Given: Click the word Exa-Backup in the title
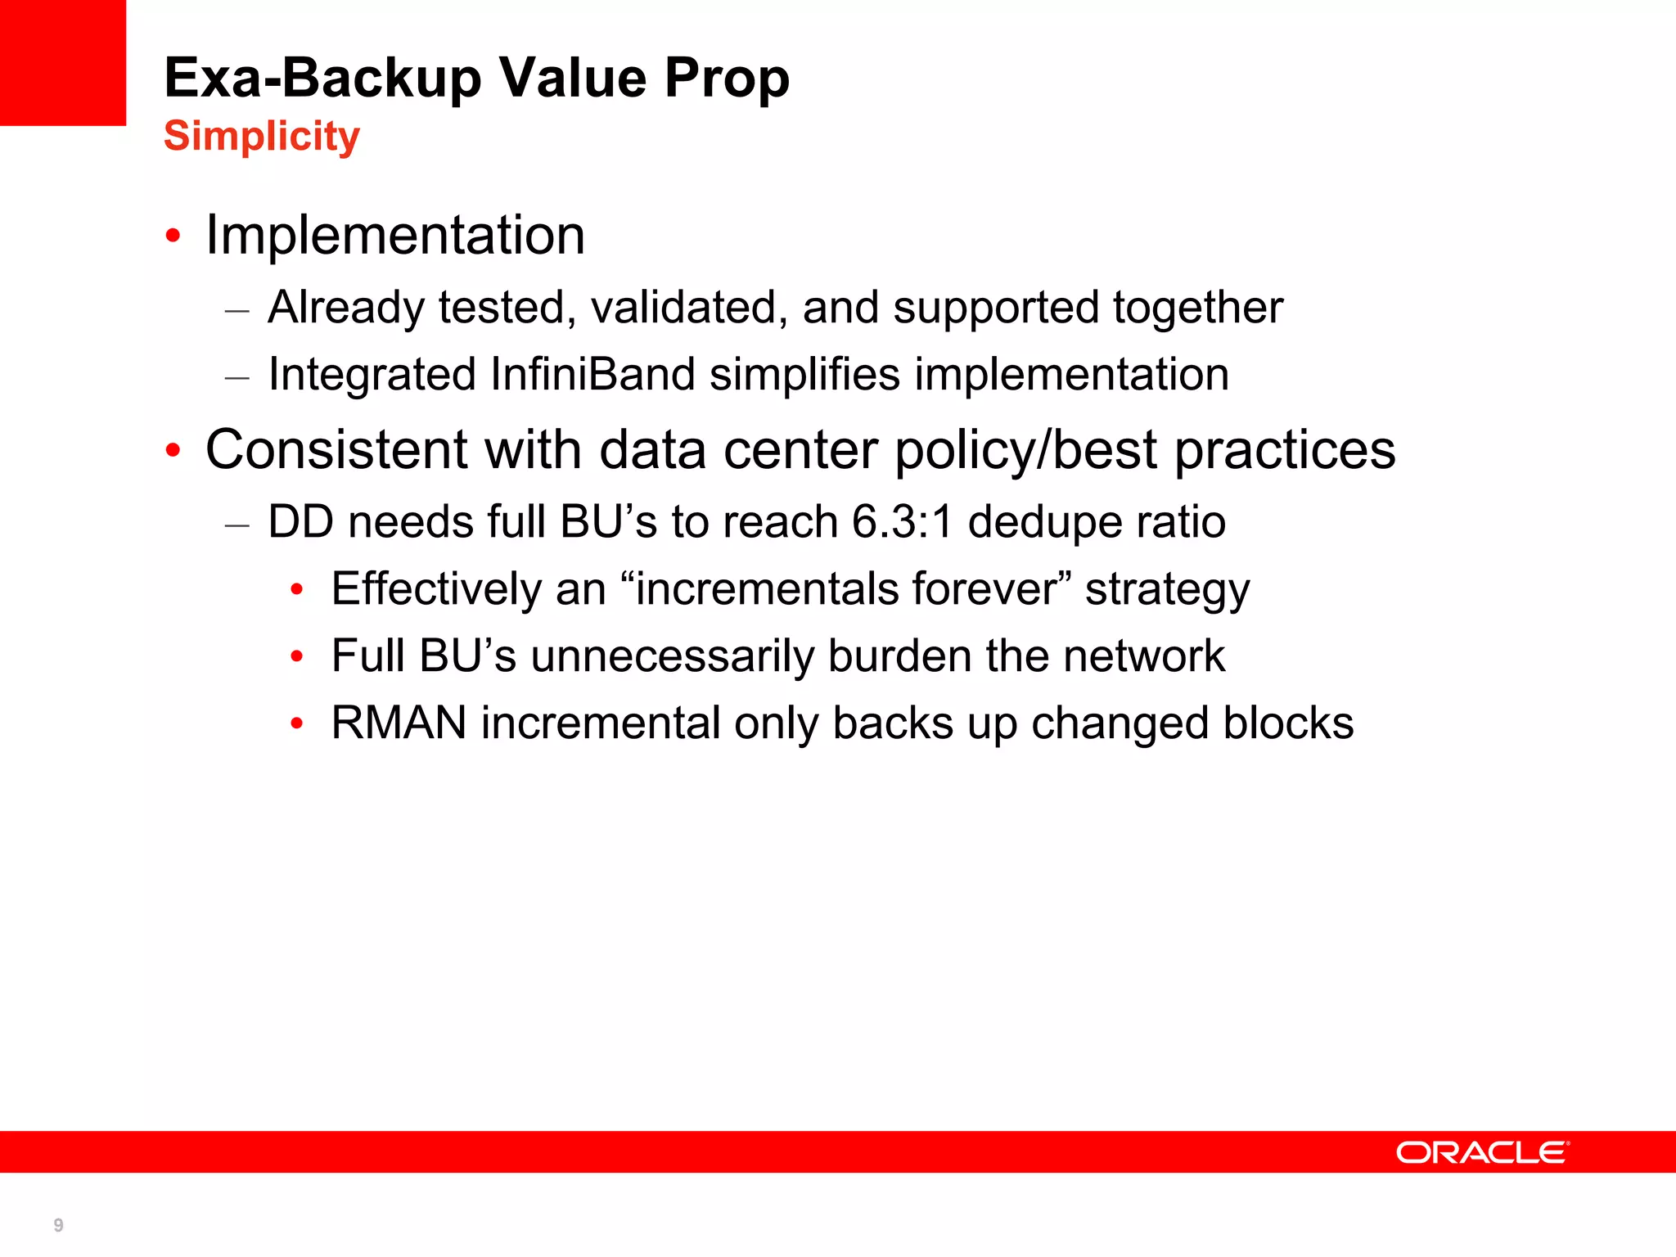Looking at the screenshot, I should [323, 79].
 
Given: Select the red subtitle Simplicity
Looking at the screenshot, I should [262, 136].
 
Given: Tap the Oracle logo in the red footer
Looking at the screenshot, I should [1482, 1152].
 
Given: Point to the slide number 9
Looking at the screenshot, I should [58, 1225].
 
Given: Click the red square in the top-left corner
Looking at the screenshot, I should [63, 62].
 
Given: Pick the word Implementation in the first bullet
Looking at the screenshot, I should [395, 236].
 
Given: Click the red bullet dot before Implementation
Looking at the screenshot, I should [173, 237].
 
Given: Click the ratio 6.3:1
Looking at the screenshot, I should [902, 522].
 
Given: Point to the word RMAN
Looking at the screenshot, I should [399, 723].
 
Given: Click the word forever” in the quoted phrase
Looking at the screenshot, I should [991, 589].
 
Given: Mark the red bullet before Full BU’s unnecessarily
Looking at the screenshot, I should [297, 656].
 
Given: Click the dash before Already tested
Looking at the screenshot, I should [237, 312].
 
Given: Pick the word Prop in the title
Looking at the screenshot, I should [727, 79].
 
